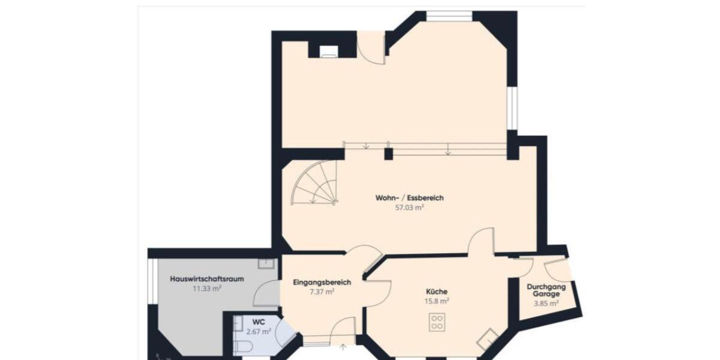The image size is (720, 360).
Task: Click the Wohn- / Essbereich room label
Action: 409,198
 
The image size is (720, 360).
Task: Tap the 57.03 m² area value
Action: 409,207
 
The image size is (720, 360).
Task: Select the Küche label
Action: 437,292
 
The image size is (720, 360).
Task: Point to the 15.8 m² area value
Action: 437,301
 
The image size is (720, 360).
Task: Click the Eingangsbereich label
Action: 322,282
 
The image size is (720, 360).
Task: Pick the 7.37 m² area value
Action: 322,292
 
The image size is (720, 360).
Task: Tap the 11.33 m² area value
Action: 206,289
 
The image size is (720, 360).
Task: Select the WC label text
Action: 258,322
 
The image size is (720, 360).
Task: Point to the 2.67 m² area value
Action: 258,331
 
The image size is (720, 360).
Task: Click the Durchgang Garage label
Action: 546,290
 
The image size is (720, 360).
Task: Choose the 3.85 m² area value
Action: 546,304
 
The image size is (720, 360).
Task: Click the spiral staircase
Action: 314,186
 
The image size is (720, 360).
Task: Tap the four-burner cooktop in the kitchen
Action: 437,322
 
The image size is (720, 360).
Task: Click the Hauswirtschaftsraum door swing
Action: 266,294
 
